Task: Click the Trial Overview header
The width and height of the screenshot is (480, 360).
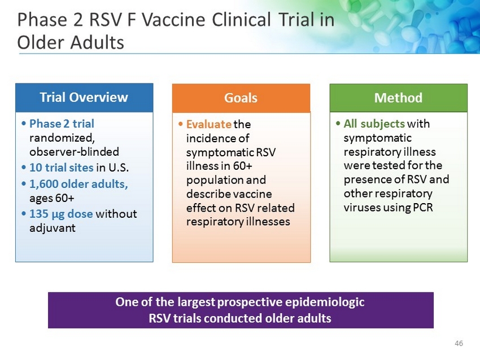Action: (84, 97)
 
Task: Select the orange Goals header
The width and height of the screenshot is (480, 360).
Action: (241, 98)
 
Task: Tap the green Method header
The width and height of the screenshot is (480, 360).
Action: (398, 98)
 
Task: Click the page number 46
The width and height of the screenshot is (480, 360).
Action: (459, 343)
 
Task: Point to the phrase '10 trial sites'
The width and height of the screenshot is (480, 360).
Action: (61, 168)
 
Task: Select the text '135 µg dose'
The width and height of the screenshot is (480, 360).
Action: (61, 214)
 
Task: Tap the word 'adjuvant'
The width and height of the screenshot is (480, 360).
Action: (53, 228)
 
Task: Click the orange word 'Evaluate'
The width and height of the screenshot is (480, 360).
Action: (209, 124)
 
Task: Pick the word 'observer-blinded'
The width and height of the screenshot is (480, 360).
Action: (74, 152)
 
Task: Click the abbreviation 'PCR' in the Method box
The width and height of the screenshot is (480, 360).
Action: (423, 208)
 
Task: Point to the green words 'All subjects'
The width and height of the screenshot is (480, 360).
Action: (374, 124)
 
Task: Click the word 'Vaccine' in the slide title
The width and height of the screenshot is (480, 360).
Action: (173, 20)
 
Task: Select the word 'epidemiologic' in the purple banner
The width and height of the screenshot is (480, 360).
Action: (325, 302)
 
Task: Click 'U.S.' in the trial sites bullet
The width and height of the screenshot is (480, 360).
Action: (119, 168)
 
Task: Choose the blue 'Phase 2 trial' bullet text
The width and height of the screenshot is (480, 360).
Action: (62, 124)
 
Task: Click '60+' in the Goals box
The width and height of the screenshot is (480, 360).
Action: (242, 166)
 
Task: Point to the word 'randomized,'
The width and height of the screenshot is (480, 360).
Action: (62, 138)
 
